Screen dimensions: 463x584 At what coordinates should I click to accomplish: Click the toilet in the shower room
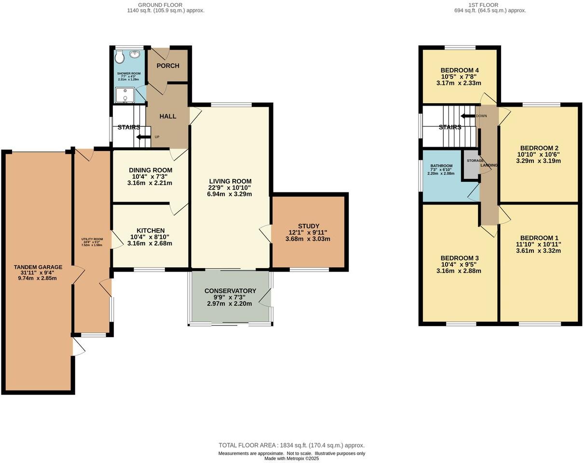pyautogui.click(x=120, y=57)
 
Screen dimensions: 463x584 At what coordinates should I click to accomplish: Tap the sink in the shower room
pyautogui.click(x=135, y=54)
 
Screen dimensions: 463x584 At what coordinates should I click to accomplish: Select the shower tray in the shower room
pyautogui.click(x=125, y=95)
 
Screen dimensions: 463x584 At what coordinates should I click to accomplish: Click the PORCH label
pyautogui.click(x=168, y=66)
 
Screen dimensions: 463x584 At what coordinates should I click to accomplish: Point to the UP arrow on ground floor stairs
pyautogui.click(x=144, y=137)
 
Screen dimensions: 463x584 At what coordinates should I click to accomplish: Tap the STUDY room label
pyautogui.click(x=309, y=226)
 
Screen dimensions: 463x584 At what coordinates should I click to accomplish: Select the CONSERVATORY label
pyautogui.click(x=230, y=291)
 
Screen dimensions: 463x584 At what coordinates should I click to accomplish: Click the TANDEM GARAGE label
pyautogui.click(x=38, y=267)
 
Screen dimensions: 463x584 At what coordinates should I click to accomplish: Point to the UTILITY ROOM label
pyautogui.click(x=92, y=239)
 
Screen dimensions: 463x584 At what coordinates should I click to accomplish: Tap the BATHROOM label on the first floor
pyautogui.click(x=441, y=166)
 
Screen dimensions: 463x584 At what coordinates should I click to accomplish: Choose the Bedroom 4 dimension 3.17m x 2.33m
pyautogui.click(x=459, y=83)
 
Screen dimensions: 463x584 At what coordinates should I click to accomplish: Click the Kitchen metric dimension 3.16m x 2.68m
pyautogui.click(x=150, y=243)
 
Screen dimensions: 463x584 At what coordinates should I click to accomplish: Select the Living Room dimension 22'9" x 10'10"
pyautogui.click(x=230, y=188)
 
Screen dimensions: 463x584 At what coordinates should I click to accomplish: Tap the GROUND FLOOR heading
pyautogui.click(x=160, y=5)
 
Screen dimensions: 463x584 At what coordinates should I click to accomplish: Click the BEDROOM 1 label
pyautogui.click(x=539, y=238)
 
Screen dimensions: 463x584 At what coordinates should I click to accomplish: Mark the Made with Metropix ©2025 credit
pyautogui.click(x=291, y=459)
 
